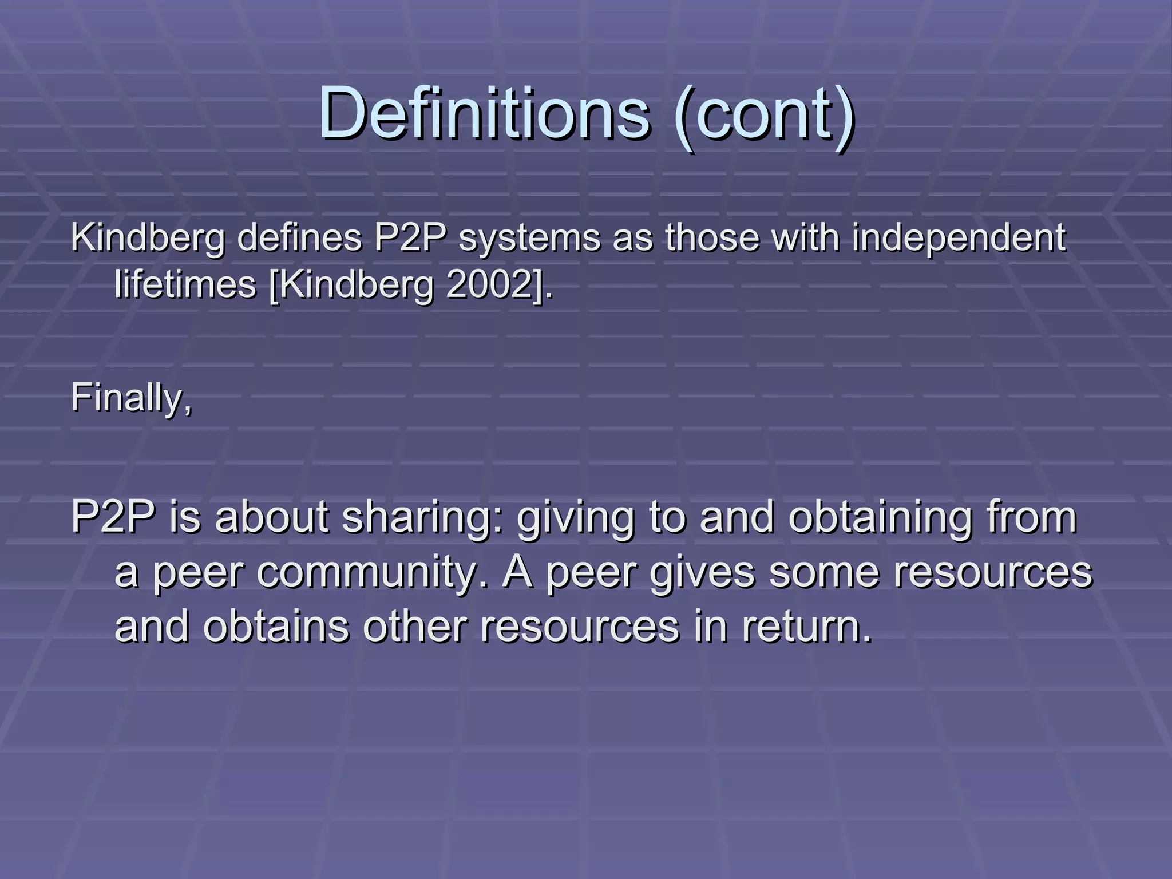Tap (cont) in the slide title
click(763, 113)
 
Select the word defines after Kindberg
click(299, 237)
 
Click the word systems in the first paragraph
click(529, 238)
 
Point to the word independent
click(959, 238)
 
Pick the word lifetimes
click(185, 284)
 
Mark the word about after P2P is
click(272, 517)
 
